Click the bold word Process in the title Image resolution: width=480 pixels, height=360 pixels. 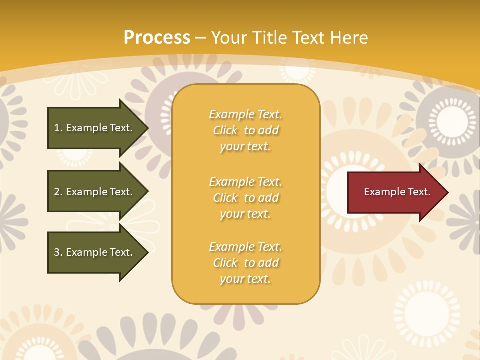[x=157, y=38]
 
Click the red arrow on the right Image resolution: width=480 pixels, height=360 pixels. [x=395, y=192]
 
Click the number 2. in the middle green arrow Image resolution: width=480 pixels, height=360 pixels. [x=58, y=192]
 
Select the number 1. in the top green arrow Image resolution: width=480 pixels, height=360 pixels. [x=58, y=128]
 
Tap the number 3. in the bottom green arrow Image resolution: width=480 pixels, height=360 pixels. [x=58, y=252]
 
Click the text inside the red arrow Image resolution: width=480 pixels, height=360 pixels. [x=397, y=192]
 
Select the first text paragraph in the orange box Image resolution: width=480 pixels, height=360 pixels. [x=245, y=130]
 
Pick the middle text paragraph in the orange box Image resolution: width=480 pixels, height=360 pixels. [x=245, y=198]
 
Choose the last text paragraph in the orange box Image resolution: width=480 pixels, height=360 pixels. [x=245, y=263]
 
